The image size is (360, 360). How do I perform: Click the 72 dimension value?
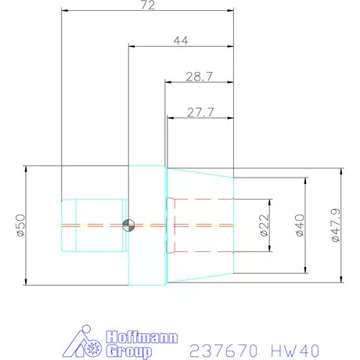147,5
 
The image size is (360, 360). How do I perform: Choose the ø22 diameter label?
264,225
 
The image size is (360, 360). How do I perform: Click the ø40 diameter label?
298,225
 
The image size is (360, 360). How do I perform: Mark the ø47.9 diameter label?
334,225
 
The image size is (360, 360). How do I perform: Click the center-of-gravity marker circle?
128,225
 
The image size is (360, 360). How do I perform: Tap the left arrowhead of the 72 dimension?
64,11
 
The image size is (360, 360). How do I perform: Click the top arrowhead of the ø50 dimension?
27,168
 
